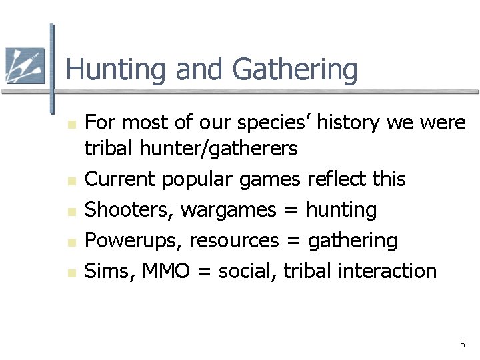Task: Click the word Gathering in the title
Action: pos(295,70)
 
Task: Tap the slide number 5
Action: pos(462,344)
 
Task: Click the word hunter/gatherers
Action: pos(219,149)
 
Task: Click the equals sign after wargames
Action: pos(291,211)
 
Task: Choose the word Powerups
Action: pos(134,241)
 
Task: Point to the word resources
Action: pos(234,241)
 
